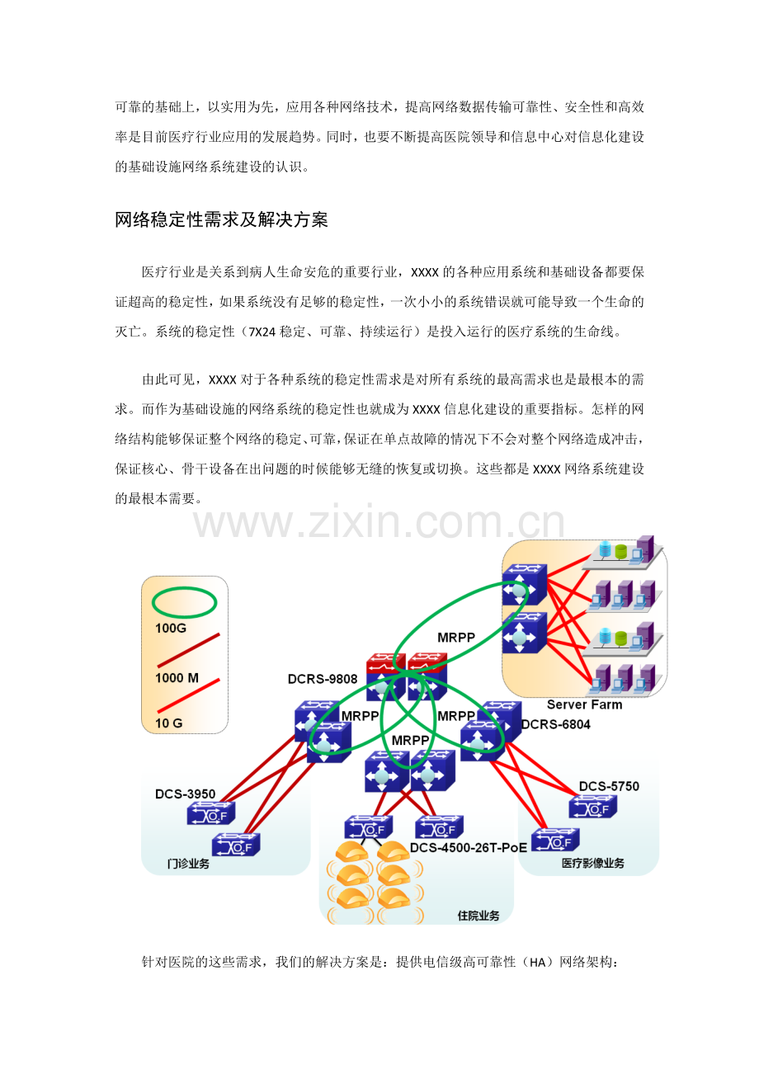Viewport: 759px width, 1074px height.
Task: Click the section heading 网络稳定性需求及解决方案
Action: point(221,219)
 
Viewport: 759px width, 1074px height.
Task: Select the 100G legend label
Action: point(170,628)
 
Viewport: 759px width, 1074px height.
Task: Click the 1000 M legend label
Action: point(177,678)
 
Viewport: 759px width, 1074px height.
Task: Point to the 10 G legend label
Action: point(168,723)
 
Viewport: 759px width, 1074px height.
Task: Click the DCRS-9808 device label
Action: point(323,679)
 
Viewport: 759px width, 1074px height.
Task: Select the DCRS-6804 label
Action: point(555,724)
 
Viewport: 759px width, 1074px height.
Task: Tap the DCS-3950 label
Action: point(185,794)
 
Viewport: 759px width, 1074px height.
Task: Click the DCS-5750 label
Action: point(609,786)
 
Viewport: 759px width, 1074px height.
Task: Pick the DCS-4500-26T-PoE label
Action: point(469,848)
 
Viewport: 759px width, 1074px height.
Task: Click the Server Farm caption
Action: point(584,704)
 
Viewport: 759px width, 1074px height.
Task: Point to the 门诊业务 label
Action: point(188,864)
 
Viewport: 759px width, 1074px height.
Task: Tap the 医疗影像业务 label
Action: point(592,863)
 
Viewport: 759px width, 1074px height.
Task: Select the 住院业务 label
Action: point(478,916)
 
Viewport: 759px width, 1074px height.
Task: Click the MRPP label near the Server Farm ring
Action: point(456,638)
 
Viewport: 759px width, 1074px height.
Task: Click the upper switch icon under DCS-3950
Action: point(211,813)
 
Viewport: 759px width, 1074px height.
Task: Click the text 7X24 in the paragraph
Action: point(262,332)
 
